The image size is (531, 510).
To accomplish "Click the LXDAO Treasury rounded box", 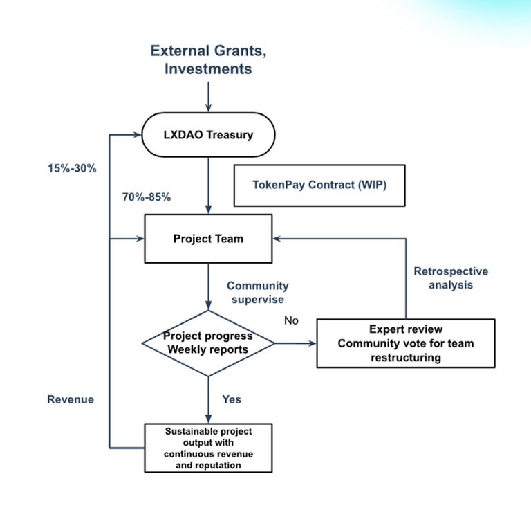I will coord(208,134).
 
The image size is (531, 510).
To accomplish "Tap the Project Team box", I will coord(208,239).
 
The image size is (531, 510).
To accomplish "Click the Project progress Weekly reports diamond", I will coord(208,343).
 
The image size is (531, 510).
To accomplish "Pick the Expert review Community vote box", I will coord(405,343).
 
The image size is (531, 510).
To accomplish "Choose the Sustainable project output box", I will coord(208,448).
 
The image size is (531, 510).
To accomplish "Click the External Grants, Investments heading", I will coord(208,60).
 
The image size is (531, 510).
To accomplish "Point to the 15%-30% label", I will coord(72,167).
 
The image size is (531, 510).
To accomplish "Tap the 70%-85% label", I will coord(146,197).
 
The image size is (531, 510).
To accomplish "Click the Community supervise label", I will coord(258,293).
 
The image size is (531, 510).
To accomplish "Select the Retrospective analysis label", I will coord(450,277).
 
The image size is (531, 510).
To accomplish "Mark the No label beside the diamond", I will coord(291,321).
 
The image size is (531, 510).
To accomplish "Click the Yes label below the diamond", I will coord(232,399).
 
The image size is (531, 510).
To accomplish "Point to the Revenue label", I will coord(71,399).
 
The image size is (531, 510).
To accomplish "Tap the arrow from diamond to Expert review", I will coord(295,343).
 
